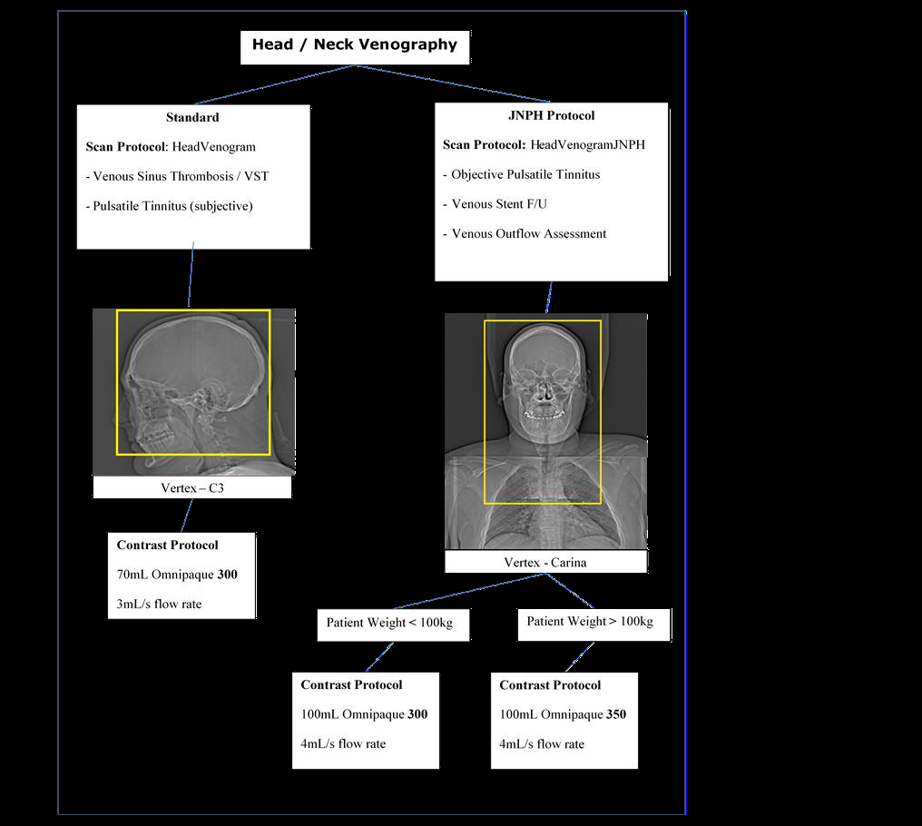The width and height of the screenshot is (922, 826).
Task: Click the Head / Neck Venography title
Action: pos(355,44)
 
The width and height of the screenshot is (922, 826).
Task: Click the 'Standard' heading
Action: pos(192,117)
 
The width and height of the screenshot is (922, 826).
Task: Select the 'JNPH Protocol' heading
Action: pos(552,115)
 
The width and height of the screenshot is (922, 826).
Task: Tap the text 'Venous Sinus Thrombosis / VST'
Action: pos(177,176)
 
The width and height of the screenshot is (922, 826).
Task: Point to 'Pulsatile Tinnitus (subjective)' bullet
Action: pos(170,206)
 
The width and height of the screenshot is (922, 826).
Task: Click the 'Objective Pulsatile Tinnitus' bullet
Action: pos(522,174)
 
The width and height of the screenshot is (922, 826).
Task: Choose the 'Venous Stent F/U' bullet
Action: pos(495,203)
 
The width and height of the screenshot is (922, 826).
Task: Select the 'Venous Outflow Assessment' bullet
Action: pos(525,233)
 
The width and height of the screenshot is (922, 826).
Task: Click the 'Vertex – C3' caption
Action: pos(192,487)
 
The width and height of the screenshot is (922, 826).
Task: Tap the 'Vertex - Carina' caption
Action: pos(545,563)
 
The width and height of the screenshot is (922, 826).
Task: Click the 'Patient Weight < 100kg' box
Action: pos(393,624)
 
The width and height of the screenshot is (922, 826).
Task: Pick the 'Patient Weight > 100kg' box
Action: pos(593,624)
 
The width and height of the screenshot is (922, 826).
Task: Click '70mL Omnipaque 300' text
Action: pos(177,575)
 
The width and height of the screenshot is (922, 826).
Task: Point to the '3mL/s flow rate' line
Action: pos(159,605)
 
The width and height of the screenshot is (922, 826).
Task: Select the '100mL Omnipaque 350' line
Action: pos(563,714)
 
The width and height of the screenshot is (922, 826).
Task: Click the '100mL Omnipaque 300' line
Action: pos(364,714)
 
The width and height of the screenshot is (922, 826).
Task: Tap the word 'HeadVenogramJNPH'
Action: pos(587,144)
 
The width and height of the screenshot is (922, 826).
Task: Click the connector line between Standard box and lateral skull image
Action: pos(191,274)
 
